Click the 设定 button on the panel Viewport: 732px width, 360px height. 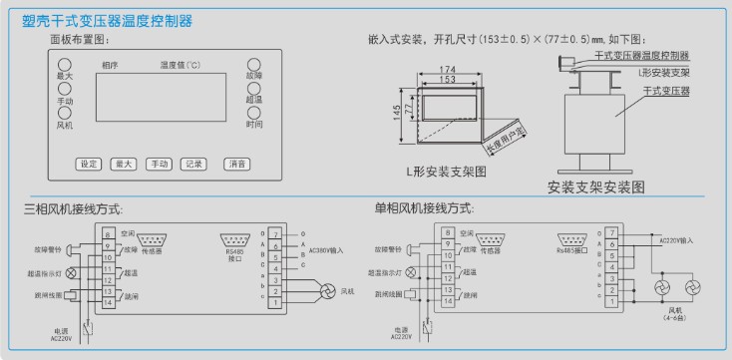pyautogui.click(x=89, y=164)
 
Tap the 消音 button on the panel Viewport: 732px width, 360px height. pyautogui.click(x=235, y=164)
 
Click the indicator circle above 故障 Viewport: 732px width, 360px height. pyautogui.click(x=254, y=64)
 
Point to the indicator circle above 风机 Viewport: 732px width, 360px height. pyautogui.click(x=65, y=114)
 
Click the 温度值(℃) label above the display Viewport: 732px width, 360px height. pyautogui.click(x=181, y=65)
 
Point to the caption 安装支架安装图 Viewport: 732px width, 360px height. pyautogui.click(x=596, y=185)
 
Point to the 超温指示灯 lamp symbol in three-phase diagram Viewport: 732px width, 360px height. pyautogui.click(x=71, y=271)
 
